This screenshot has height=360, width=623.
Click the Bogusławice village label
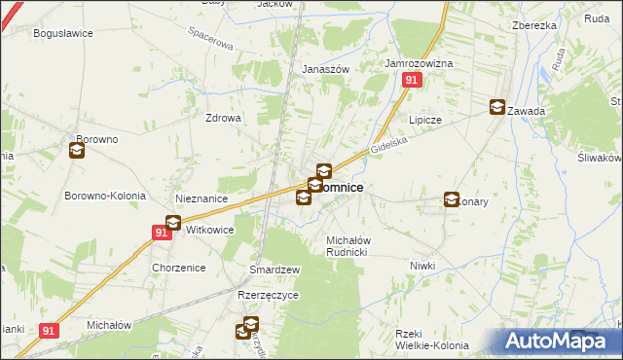tap(62, 33)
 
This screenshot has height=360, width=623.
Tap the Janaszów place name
tap(325, 69)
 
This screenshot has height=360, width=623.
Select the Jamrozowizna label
tap(419, 63)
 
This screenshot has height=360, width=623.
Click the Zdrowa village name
tap(222, 118)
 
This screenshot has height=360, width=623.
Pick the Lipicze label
tap(425, 120)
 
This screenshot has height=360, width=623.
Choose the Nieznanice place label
tap(201, 198)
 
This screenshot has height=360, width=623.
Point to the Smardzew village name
tap(275, 270)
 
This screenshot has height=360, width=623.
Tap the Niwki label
tap(421, 266)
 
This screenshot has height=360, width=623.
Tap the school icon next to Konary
tap(452, 199)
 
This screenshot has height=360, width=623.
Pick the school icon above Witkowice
tap(173, 223)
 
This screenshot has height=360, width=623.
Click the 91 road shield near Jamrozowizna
tap(412, 82)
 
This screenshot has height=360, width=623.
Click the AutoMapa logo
tap(556, 342)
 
